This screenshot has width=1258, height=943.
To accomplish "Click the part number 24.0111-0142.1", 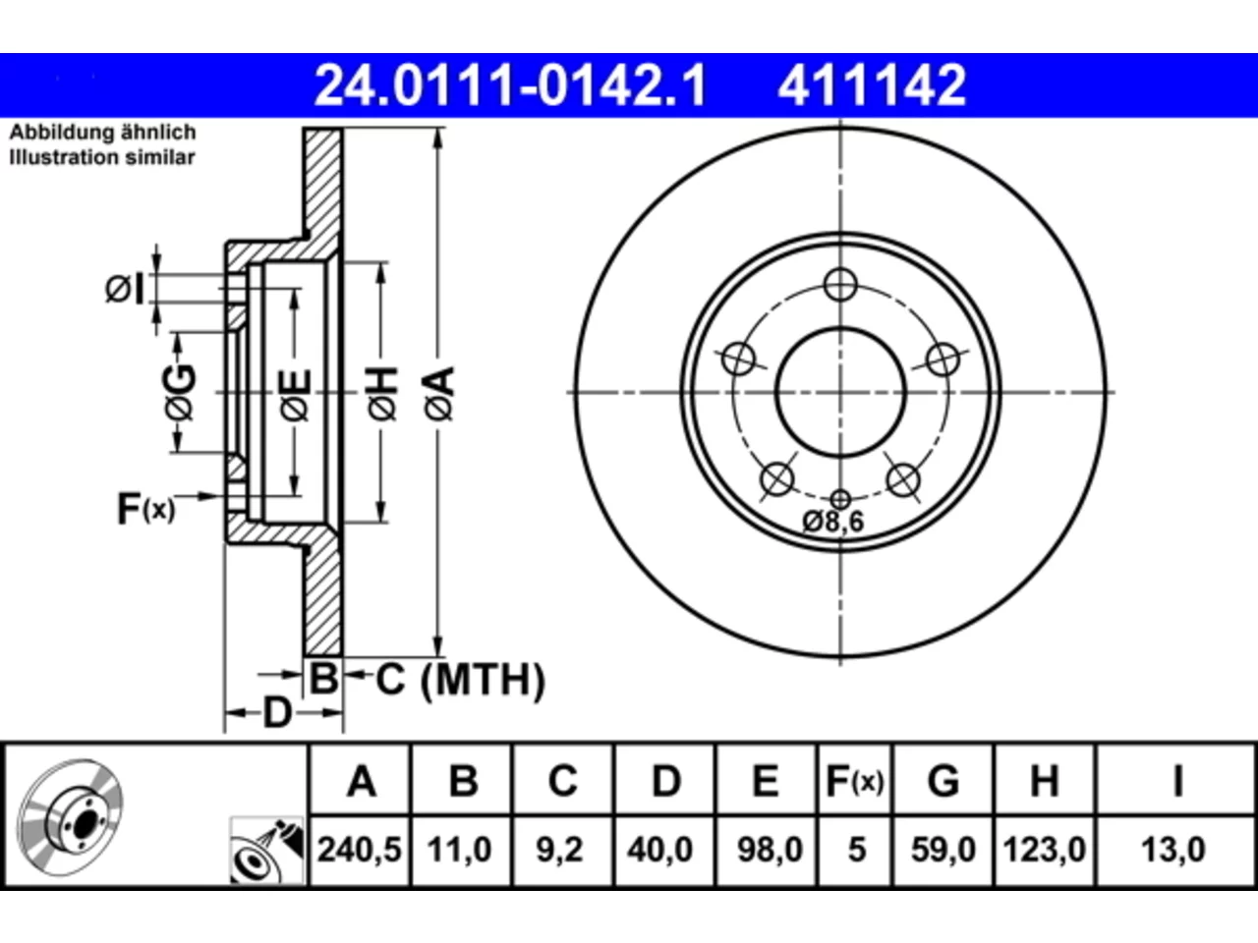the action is click(510, 85).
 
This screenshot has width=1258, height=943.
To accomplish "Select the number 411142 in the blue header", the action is click(872, 85).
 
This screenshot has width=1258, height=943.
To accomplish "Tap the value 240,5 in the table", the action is click(360, 850).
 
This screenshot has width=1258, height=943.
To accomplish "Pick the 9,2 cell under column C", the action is click(559, 850).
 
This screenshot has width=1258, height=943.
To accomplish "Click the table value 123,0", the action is click(1044, 850).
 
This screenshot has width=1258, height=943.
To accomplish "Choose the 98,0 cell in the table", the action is click(770, 850).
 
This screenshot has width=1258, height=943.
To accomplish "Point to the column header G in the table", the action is click(943, 781).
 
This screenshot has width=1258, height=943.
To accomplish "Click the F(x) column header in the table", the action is click(855, 781).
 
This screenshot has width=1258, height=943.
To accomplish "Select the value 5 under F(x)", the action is click(857, 850).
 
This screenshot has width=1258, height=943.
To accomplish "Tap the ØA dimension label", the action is click(439, 394).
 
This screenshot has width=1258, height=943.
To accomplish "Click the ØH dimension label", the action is click(382, 394).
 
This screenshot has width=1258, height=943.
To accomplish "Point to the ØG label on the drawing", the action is click(181, 392).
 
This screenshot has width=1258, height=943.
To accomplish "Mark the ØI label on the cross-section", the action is click(125, 289).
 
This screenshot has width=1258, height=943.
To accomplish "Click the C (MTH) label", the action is click(460, 680).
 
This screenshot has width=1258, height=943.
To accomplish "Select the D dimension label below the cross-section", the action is click(277, 713).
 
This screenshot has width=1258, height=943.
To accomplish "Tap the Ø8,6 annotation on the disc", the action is click(832, 522).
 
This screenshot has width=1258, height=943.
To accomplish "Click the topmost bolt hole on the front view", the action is click(840, 285).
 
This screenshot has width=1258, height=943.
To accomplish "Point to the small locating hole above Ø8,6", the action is click(840, 499).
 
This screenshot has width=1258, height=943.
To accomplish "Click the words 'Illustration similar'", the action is click(102, 157).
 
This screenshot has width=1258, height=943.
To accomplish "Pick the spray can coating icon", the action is click(266, 851).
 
